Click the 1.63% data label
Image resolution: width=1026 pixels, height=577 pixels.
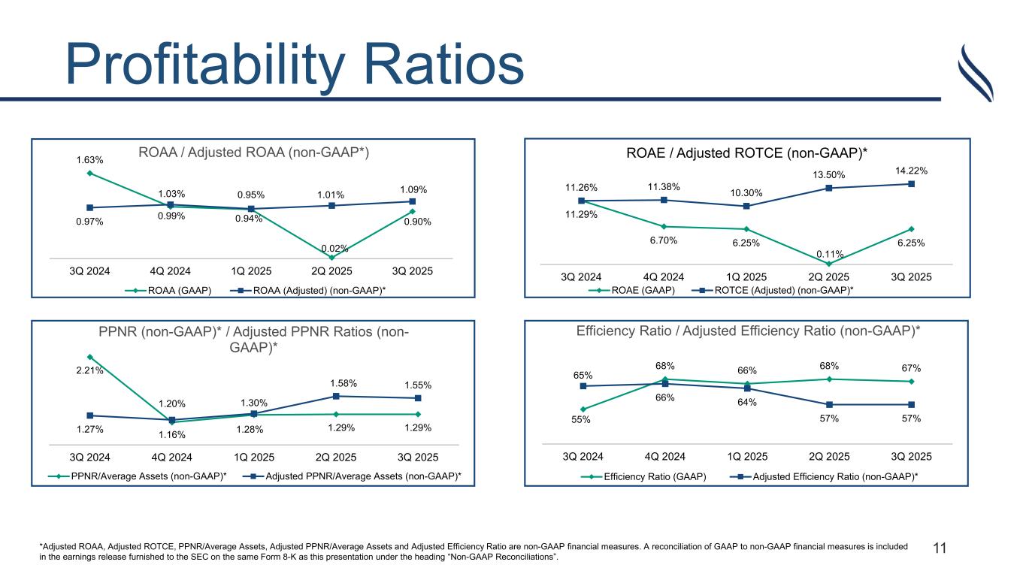(89, 159)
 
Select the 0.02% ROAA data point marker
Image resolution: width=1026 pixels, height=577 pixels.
(332, 257)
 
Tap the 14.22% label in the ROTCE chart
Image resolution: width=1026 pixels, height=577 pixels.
(912, 171)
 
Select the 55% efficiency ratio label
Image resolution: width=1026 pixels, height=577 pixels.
(583, 419)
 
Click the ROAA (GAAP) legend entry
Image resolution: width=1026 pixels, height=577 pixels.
(174, 290)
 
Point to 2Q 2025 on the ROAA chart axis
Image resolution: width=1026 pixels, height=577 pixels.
(332, 270)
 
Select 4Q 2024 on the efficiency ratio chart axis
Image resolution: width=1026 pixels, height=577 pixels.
(665, 456)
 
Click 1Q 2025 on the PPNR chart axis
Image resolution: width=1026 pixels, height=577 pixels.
(253, 457)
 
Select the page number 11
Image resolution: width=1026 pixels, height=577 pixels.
(940, 548)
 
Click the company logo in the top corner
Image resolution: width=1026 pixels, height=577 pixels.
(979, 73)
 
